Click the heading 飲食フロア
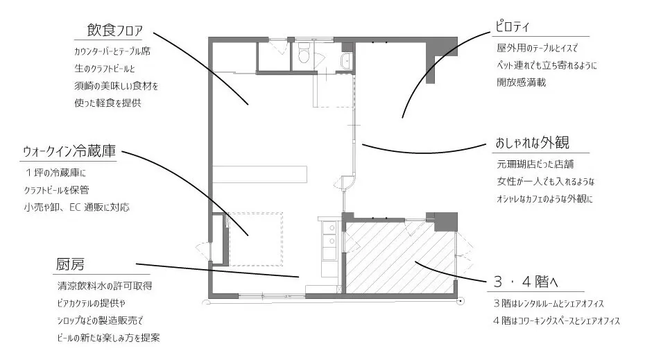coord(114,30)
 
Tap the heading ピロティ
coord(512,27)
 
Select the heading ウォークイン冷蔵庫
coord(69,151)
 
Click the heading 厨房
coord(70,264)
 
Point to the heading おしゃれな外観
coord(532,143)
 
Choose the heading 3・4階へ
coord(525,282)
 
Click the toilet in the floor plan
coord(304,53)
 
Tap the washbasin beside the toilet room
coord(347,61)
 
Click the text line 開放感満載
coord(521,83)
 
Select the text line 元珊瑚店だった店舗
coord(535,164)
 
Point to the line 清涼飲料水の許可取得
coord(105,286)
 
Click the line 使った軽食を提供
coord(108,103)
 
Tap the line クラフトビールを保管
coord(56,190)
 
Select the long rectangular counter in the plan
coord(259,174)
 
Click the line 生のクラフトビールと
coord(105,69)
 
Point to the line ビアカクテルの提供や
coord(92,303)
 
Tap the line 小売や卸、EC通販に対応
coord(76,207)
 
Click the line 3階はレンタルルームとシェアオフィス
coord(549,304)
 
